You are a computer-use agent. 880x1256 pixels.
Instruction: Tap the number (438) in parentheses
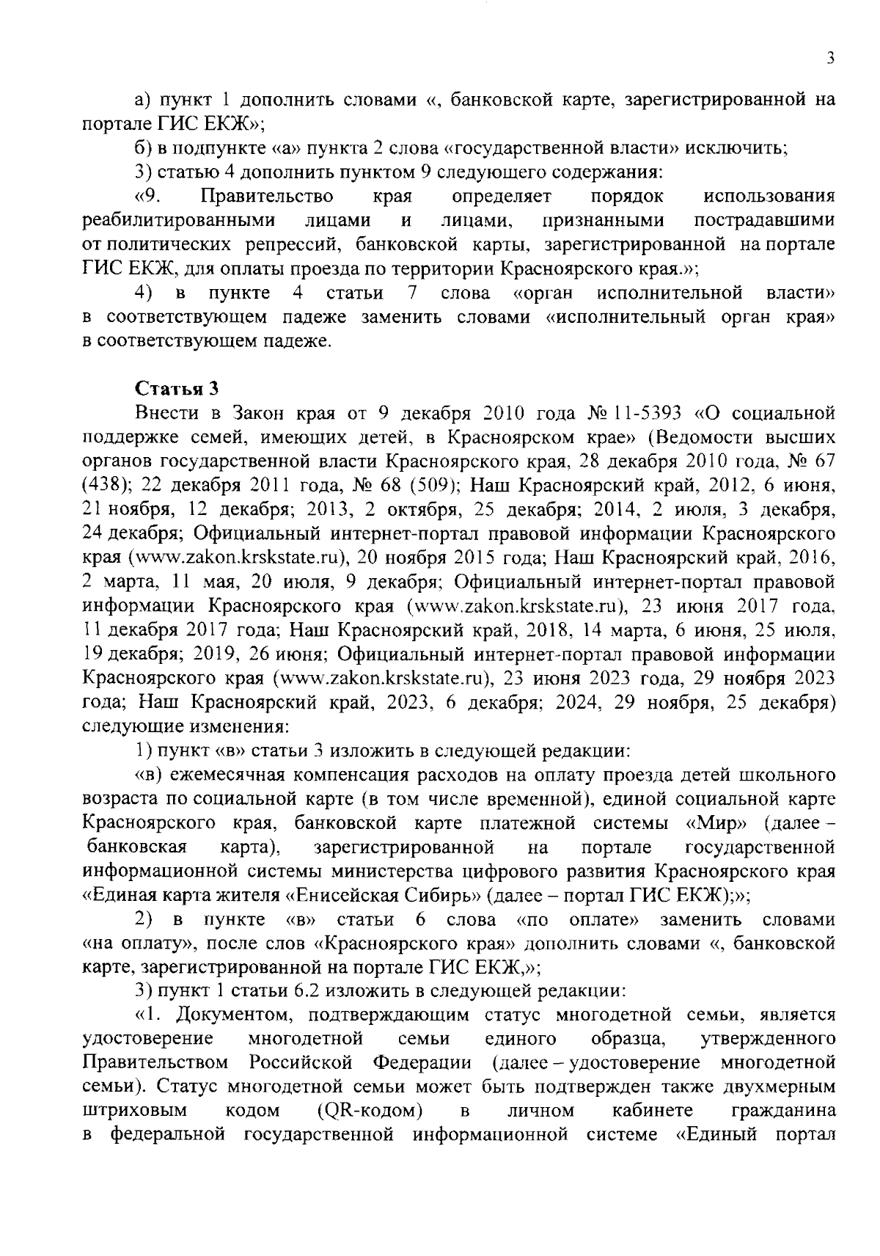pyautogui.click(x=106, y=486)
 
